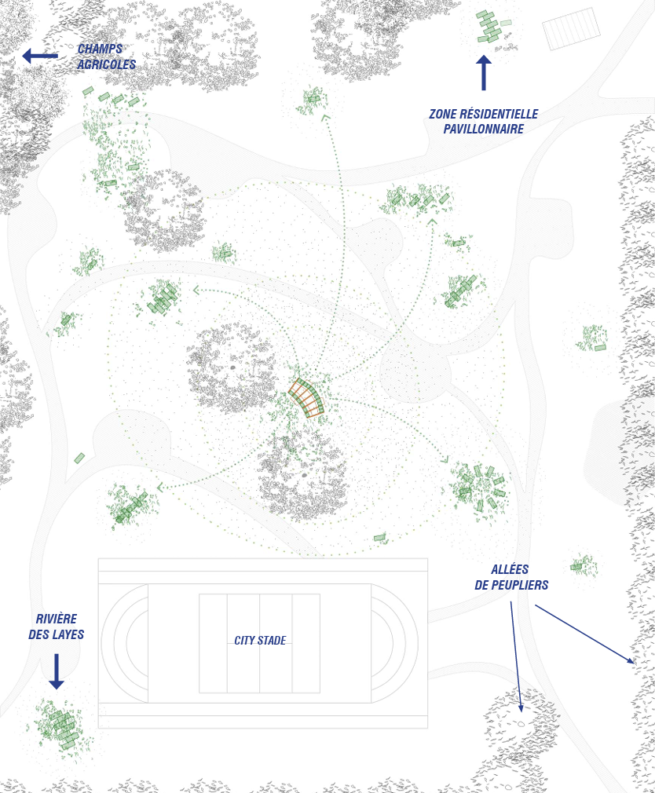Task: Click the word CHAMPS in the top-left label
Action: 100,49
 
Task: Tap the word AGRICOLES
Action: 106,64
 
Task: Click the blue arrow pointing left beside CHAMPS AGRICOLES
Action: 40,56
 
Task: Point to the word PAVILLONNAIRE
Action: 484,129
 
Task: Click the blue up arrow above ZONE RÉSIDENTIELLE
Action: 484,73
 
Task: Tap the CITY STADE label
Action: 260,640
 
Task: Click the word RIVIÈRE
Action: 56,619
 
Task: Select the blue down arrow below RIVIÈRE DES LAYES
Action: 56,671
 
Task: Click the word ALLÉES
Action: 510,569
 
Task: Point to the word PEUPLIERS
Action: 519,585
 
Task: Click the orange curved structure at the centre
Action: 306,397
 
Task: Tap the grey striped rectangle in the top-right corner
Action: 572,29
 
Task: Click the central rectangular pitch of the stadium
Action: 259,643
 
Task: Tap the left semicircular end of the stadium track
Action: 124,643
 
